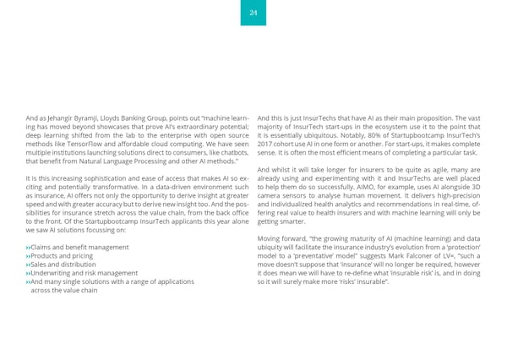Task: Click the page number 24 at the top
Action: pos(253,13)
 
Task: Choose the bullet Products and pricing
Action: pos(62,255)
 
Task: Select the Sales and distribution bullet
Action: pos(63,264)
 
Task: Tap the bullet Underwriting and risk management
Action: pos(84,273)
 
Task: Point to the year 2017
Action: pos(265,143)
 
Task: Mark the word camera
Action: pos(272,195)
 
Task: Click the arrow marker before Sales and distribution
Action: pos(28,265)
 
